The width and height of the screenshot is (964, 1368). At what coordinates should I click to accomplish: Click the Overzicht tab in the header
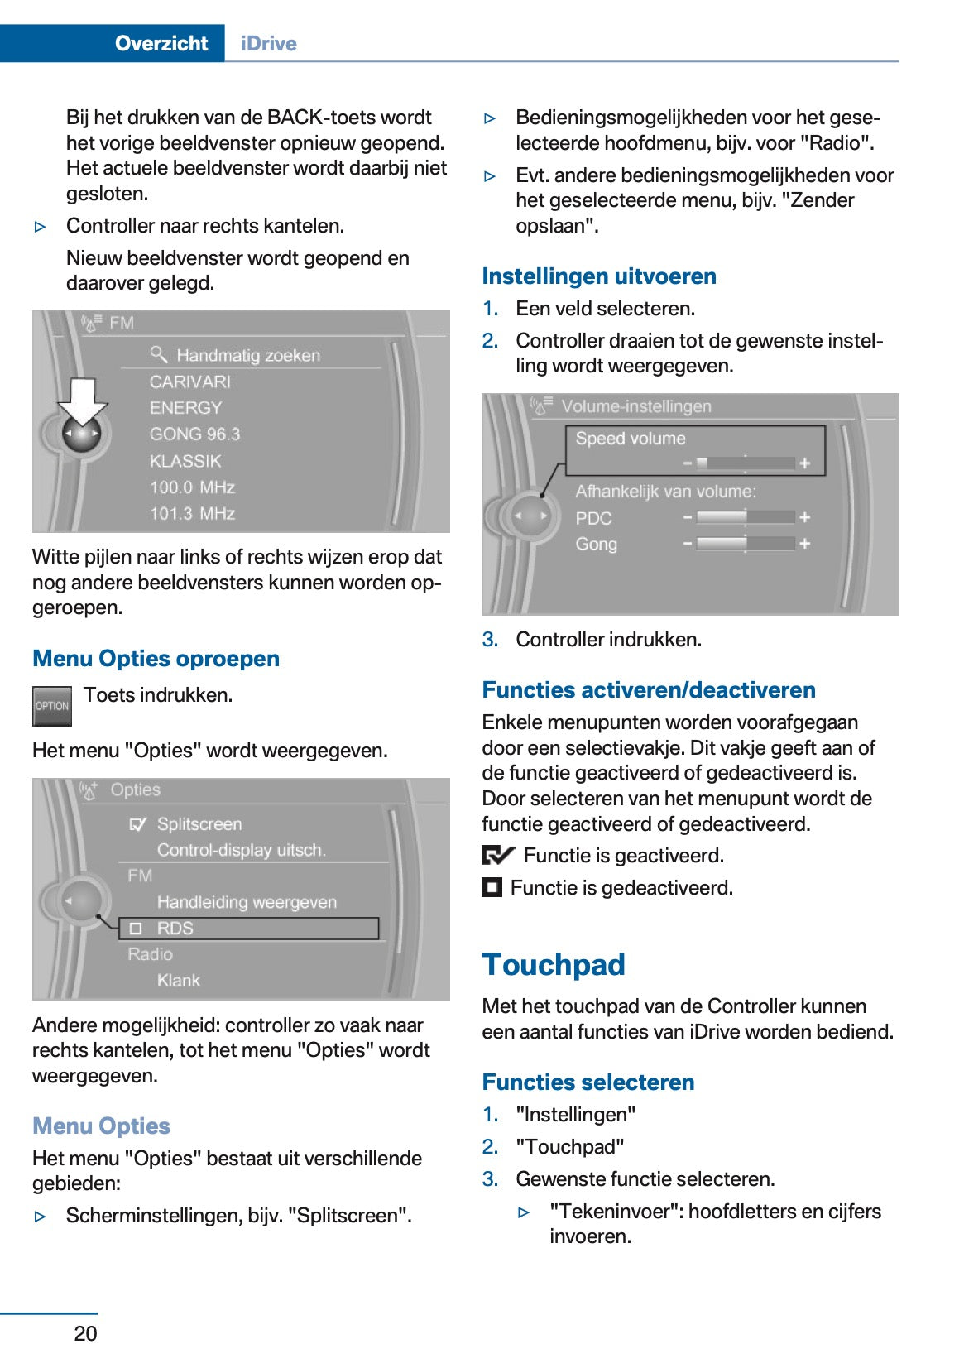click(161, 43)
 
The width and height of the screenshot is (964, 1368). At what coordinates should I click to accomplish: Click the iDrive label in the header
click(268, 43)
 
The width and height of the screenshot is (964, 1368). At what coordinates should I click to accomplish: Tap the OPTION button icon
click(52, 706)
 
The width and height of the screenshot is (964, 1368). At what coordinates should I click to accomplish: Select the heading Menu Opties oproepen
click(156, 659)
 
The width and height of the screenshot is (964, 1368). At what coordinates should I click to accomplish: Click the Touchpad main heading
click(553, 965)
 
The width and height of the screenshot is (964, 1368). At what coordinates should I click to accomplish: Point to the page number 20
click(85, 1333)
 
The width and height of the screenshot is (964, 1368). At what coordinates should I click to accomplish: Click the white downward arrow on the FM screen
click(82, 399)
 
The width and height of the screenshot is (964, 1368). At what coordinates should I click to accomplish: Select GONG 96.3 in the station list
click(194, 434)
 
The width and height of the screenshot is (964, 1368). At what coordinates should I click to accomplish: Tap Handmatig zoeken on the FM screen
click(247, 356)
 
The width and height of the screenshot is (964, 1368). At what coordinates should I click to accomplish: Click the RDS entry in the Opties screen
click(175, 929)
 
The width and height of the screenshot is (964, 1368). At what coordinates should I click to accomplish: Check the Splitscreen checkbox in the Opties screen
click(137, 824)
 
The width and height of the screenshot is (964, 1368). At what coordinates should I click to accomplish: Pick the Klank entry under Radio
click(179, 981)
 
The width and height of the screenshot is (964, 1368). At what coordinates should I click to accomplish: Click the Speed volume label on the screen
click(631, 439)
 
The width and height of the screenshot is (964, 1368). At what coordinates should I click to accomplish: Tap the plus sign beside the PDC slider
click(804, 518)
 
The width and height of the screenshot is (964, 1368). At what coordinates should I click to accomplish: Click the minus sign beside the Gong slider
click(687, 544)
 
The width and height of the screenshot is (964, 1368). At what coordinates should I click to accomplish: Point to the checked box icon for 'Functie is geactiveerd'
click(497, 856)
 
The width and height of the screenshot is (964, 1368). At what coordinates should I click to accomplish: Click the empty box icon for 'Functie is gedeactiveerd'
click(492, 888)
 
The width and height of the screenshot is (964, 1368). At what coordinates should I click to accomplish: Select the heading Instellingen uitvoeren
click(599, 276)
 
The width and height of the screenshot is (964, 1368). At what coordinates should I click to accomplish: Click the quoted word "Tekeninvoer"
click(616, 1212)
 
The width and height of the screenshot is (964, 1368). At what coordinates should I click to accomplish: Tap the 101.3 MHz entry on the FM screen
click(192, 514)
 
